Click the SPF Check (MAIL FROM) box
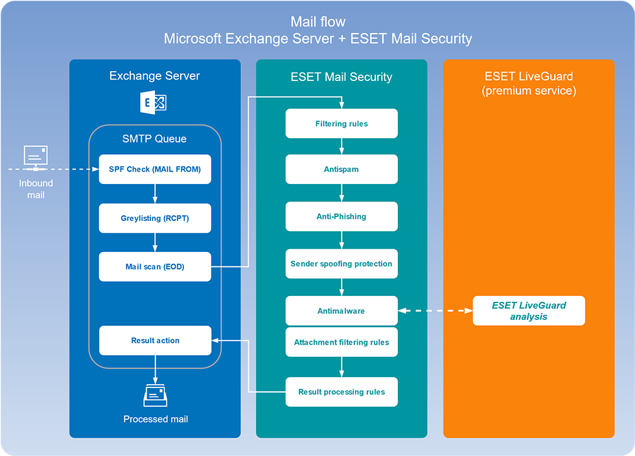coord(155,169)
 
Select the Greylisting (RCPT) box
coord(155,218)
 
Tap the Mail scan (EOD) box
coord(155,266)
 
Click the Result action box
coord(155,340)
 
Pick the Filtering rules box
coord(341,123)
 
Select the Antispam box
coord(341,169)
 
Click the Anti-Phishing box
coord(341,216)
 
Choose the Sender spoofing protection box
coord(341,264)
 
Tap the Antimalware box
coord(341,311)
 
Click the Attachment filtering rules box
coord(341,342)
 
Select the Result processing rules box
coord(341,392)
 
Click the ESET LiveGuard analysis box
coord(529,311)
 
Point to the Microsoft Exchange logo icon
coord(154,103)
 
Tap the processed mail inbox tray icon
coord(156,394)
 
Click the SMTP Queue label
coord(154,138)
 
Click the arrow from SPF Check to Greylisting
coord(155,194)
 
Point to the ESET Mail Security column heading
coord(341,76)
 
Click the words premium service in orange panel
coord(529,91)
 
